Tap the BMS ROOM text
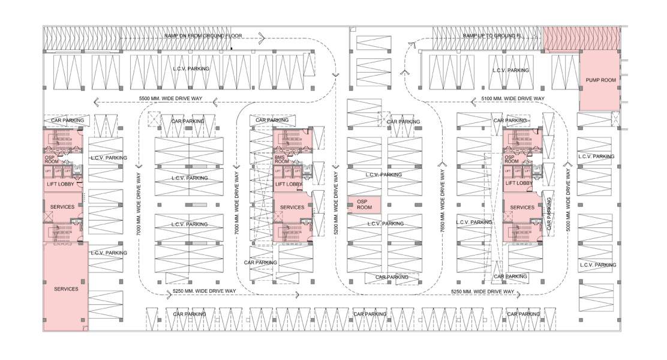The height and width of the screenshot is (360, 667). click(x=280, y=159)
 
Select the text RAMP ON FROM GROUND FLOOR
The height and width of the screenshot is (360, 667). click(x=203, y=36)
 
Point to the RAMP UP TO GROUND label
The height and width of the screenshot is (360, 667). click(x=492, y=36)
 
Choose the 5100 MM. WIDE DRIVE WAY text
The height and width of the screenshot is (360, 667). click(x=513, y=98)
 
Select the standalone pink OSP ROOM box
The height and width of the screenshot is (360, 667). click(x=364, y=204)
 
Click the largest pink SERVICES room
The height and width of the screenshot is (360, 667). click(x=65, y=286)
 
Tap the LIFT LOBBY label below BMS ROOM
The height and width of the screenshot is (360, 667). click(x=289, y=184)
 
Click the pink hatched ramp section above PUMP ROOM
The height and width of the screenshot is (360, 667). click(x=579, y=37)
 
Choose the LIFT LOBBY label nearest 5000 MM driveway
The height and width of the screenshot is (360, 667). click(x=519, y=183)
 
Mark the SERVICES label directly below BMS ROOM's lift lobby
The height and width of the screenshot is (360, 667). click(x=292, y=207)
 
